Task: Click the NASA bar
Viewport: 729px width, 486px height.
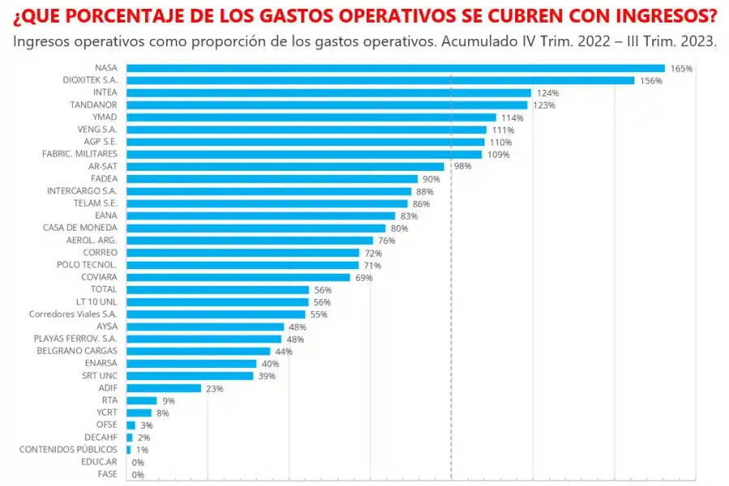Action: (395, 68)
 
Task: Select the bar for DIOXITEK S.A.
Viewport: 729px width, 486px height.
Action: (380, 80)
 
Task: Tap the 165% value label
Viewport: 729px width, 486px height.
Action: (681, 69)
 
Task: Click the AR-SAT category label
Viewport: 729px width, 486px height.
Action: (103, 166)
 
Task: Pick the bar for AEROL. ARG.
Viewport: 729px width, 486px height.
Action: (249, 240)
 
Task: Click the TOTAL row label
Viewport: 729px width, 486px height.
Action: (103, 289)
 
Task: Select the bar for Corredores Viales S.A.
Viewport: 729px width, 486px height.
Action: (215, 313)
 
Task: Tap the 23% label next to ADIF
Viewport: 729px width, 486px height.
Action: (215, 388)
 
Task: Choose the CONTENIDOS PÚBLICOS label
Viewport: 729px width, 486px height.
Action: (68, 449)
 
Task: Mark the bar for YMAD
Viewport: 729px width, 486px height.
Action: (311, 117)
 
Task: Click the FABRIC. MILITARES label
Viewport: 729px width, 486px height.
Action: (79, 154)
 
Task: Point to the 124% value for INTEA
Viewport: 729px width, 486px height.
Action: (548, 93)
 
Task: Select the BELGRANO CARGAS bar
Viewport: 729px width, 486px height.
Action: (198, 351)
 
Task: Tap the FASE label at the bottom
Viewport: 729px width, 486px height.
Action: (107, 474)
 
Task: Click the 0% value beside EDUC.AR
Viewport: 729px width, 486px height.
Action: (138, 462)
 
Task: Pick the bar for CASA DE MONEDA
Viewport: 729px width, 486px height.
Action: (256, 228)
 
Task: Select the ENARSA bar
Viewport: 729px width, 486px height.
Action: (191, 363)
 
